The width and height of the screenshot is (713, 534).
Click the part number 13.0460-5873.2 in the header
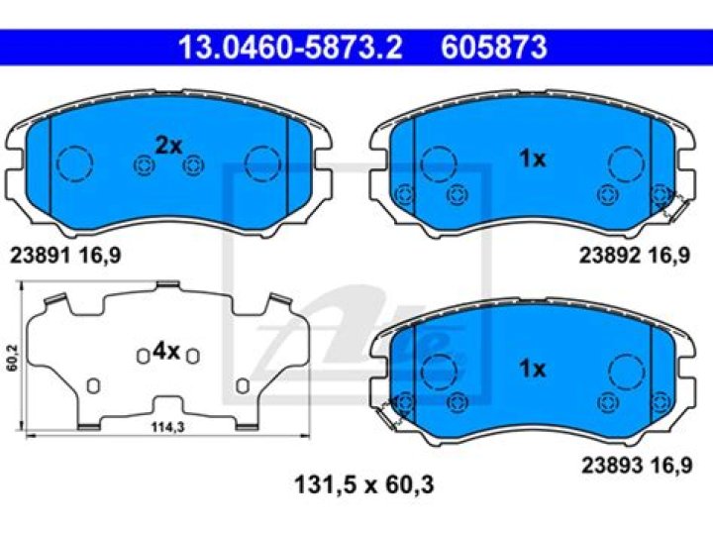pos(290,48)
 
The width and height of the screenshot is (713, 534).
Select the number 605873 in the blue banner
pos(494,48)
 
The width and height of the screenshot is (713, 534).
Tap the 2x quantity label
pos(168,146)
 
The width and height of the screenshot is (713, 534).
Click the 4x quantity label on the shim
pos(166,351)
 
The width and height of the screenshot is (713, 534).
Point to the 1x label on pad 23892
pos(533,159)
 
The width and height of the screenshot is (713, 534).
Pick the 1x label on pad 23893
pos(533,369)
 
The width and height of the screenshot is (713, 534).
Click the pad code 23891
pos(40,256)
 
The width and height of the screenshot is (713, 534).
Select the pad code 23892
pos(610,256)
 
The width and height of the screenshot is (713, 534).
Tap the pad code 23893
pos(613,465)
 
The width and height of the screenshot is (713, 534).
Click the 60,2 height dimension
pos(13,358)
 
